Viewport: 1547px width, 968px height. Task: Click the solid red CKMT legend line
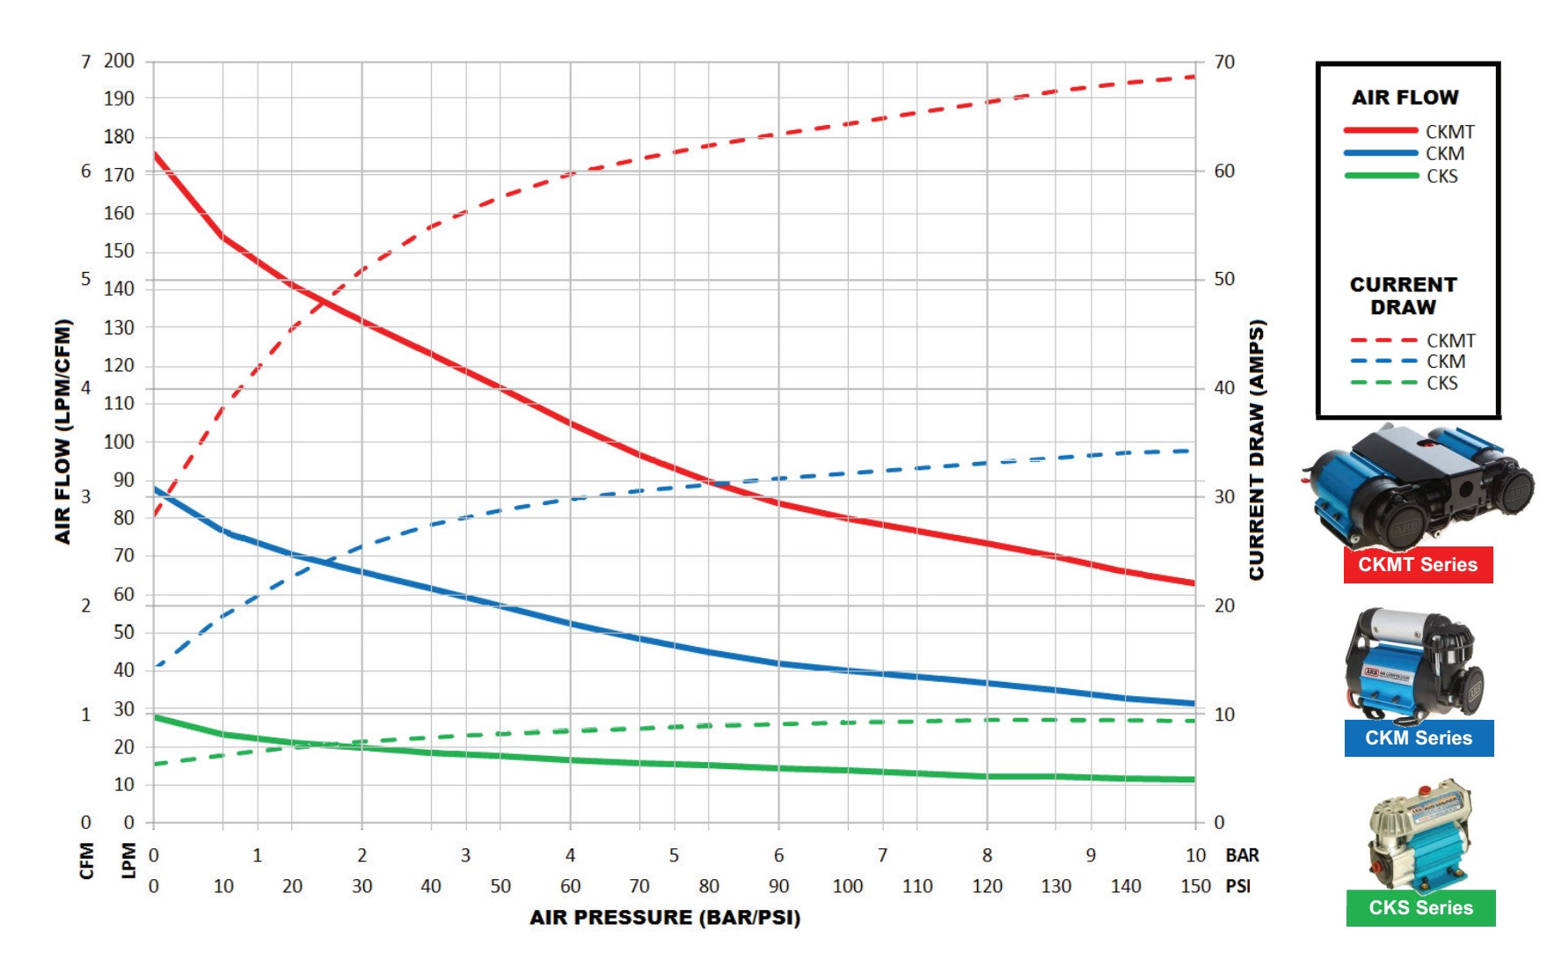[x=1381, y=131]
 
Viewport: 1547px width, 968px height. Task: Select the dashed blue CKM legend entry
[x=1383, y=362]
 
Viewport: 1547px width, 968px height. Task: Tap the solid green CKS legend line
[x=1381, y=176]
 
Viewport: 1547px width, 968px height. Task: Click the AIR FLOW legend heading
[x=1405, y=98]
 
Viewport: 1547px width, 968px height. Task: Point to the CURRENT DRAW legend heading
[x=1403, y=296]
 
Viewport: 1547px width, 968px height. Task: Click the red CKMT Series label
[x=1418, y=565]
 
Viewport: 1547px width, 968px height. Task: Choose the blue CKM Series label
[x=1418, y=738]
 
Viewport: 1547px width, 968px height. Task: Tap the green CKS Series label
[x=1420, y=908]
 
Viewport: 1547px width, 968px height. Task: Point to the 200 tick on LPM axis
[x=119, y=62]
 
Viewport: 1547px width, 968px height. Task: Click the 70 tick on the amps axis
[x=1224, y=62]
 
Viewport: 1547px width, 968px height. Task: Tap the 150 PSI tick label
[x=1195, y=886]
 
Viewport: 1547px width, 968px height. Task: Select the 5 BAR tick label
[x=674, y=855]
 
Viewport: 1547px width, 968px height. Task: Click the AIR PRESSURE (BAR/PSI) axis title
[x=665, y=918]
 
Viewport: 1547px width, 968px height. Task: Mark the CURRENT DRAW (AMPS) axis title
[x=1257, y=449]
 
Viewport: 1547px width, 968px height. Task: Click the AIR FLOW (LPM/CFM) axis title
[x=62, y=431]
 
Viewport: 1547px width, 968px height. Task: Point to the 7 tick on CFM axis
[x=85, y=62]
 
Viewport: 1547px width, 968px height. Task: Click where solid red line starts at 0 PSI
[x=155, y=155]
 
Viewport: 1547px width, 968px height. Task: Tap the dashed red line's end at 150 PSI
[x=1193, y=77]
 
